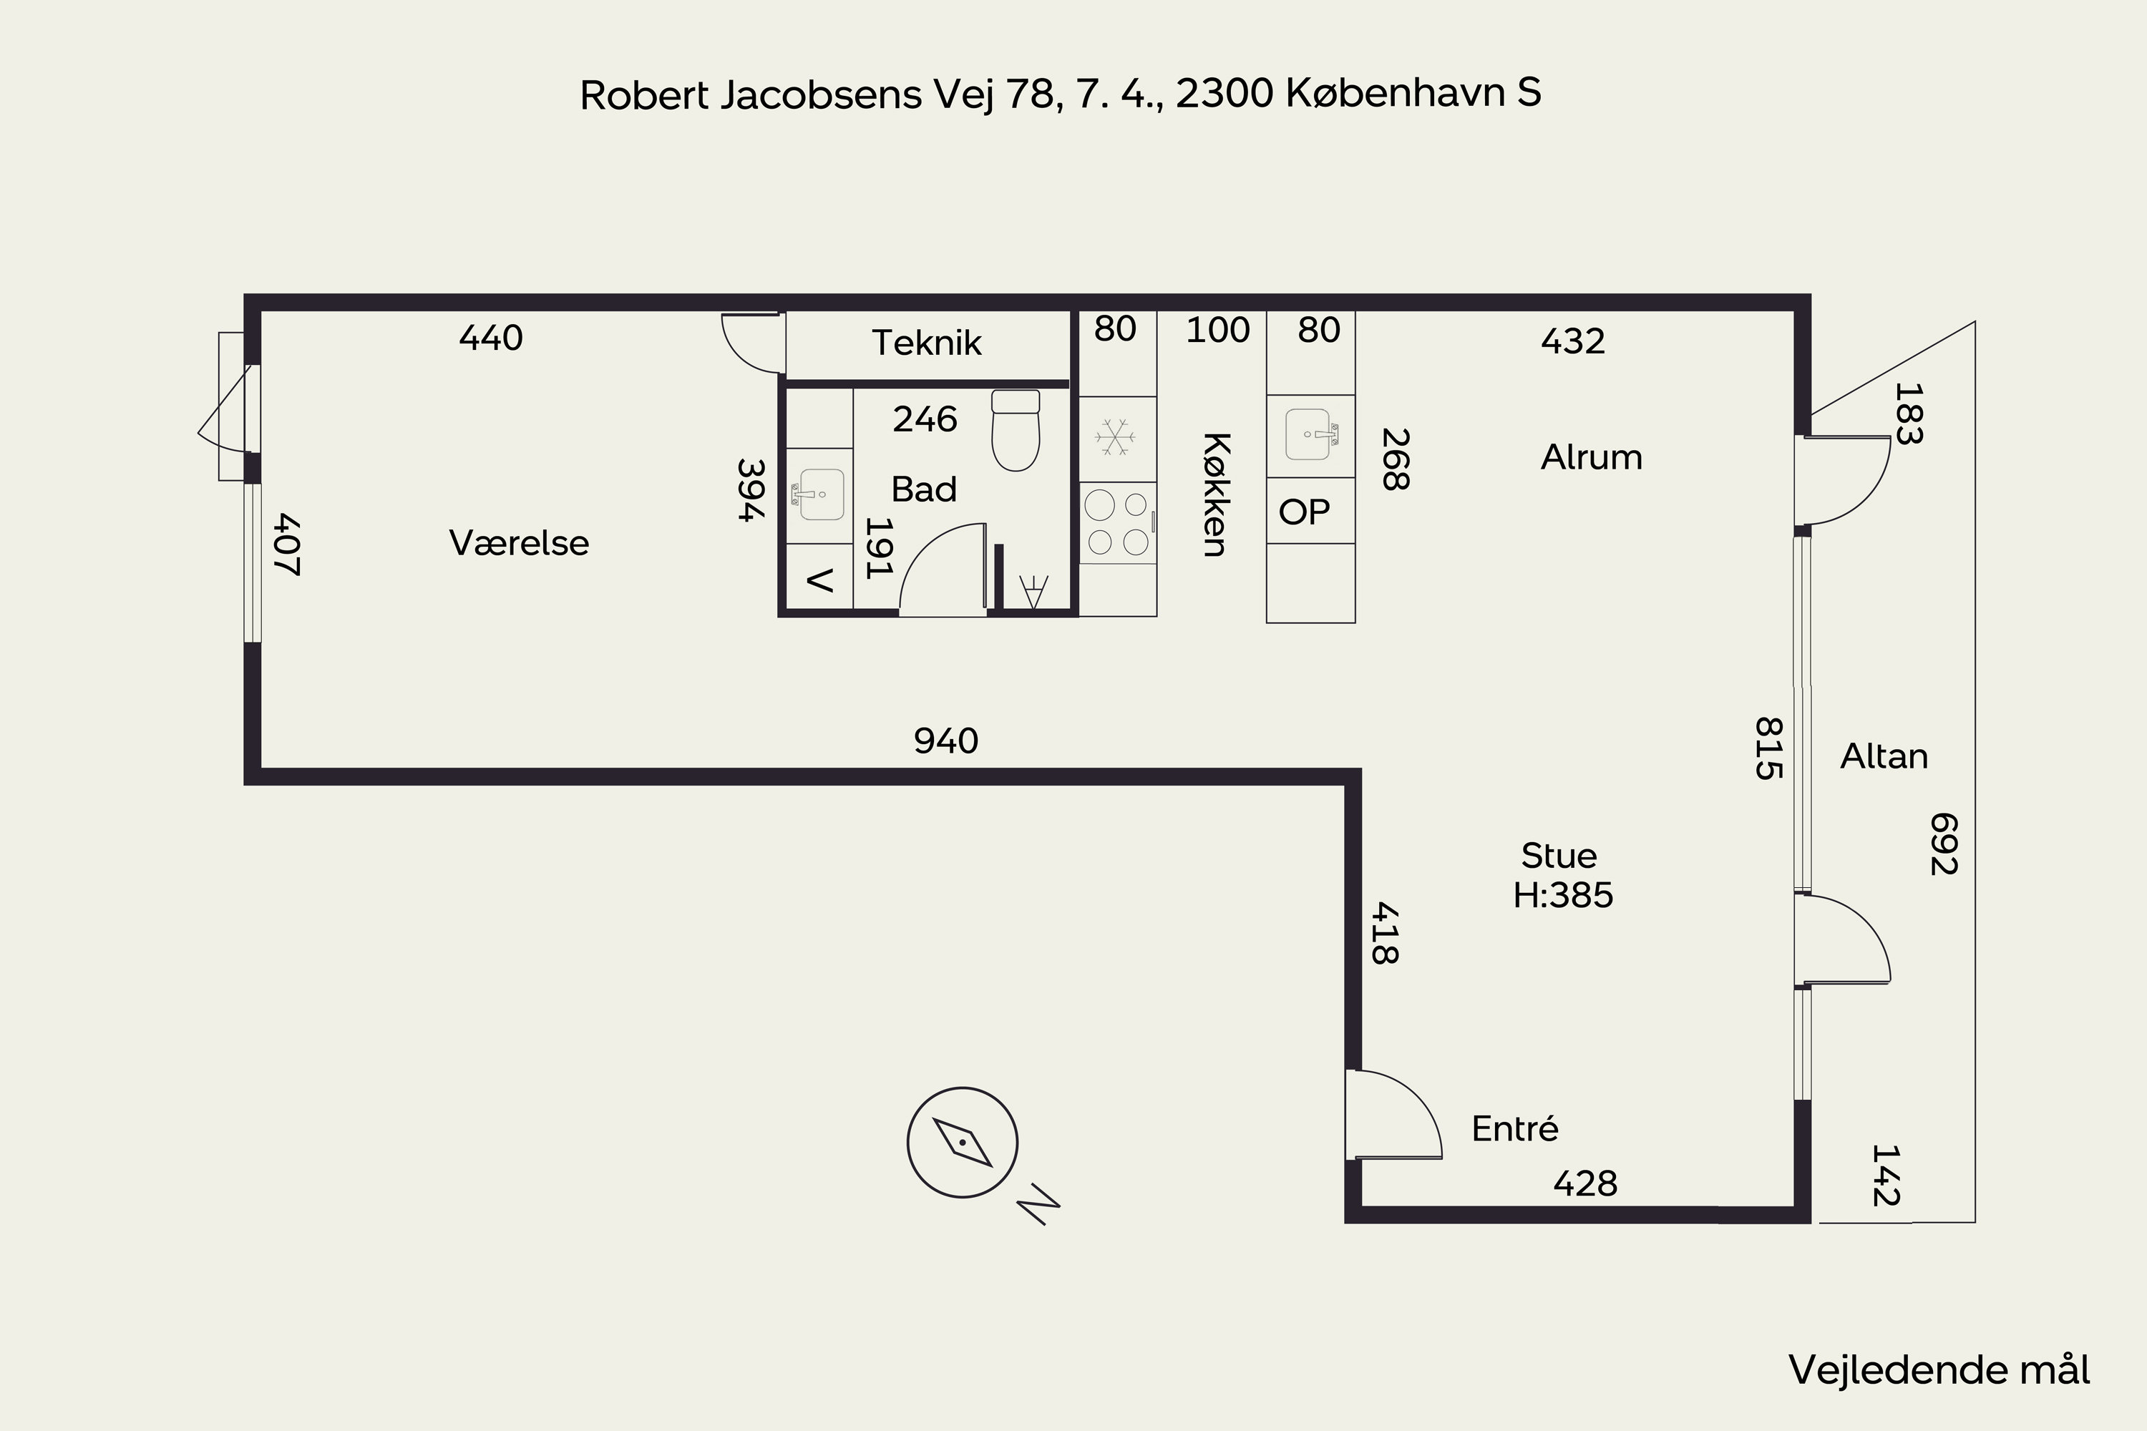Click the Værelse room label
click(x=518, y=543)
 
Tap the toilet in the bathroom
click(x=1015, y=430)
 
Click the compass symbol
click(x=962, y=1142)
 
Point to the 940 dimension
click(x=945, y=741)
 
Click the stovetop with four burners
click(x=1117, y=523)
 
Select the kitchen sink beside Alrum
click(x=1311, y=434)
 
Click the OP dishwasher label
click(x=1305, y=512)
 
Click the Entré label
click(x=1514, y=1129)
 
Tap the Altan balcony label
click(x=1884, y=756)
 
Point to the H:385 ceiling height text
click(x=1563, y=895)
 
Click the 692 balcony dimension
click(x=1942, y=844)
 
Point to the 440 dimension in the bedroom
click(x=491, y=338)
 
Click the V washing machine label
click(x=819, y=580)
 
